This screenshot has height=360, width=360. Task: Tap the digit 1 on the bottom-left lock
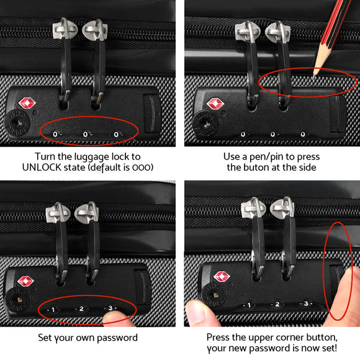point(53,308)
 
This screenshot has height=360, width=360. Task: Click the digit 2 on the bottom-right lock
point(277,304)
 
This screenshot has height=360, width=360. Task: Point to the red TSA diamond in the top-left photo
point(27,103)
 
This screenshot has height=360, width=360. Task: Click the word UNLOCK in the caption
point(42,167)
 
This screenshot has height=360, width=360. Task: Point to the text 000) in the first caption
point(142,167)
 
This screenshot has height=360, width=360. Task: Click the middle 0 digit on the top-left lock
point(85,133)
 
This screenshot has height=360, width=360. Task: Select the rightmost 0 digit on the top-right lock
point(302,133)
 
